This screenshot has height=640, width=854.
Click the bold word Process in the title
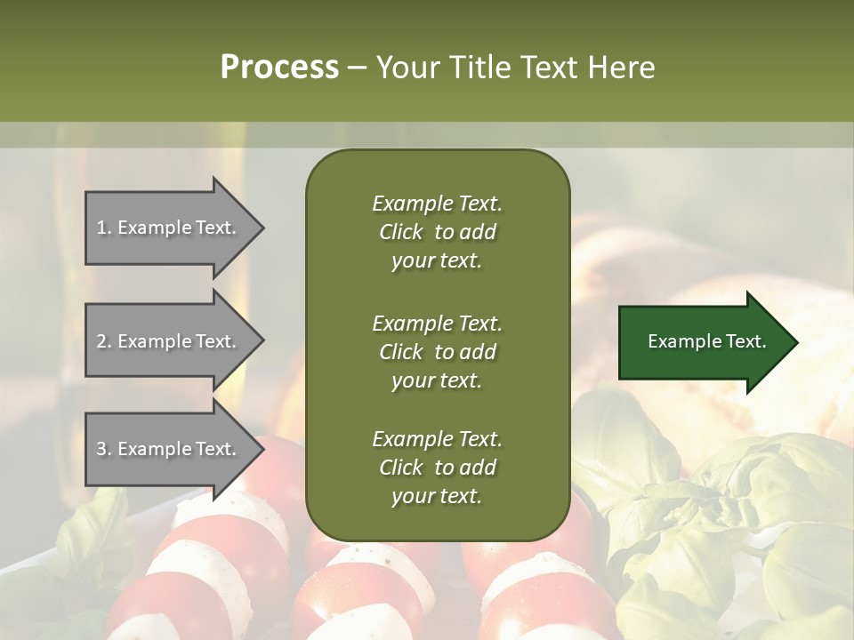click(x=279, y=67)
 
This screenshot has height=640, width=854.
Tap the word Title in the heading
click(x=480, y=67)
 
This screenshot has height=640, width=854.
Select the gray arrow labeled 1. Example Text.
click(x=169, y=228)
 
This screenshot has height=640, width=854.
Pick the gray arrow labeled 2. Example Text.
click(x=169, y=341)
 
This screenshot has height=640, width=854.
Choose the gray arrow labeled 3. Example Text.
click(x=169, y=449)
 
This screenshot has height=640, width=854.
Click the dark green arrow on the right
click(x=703, y=342)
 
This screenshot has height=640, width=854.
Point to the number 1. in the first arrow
click(x=104, y=228)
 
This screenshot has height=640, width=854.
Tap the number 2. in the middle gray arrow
click(x=104, y=341)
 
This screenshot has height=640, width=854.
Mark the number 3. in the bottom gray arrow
click(x=104, y=449)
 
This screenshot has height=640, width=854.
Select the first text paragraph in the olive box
click(x=437, y=232)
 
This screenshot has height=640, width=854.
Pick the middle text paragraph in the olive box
click(x=437, y=351)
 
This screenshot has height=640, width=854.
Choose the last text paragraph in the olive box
click(x=437, y=468)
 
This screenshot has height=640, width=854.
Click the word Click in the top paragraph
click(x=400, y=232)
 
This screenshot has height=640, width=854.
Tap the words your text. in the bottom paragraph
click(x=437, y=496)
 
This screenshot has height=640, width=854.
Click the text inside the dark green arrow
click(x=706, y=341)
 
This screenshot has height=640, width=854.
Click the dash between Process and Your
click(x=357, y=68)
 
